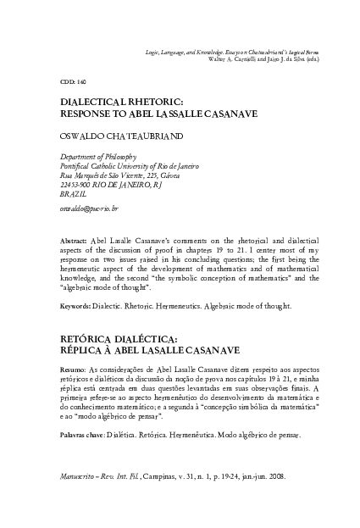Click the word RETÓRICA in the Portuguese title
pos(91,336)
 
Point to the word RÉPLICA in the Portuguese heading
pos(86,348)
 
